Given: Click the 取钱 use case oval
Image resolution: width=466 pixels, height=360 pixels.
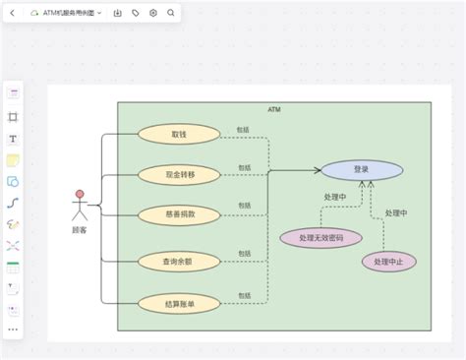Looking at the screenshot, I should [x=179, y=133].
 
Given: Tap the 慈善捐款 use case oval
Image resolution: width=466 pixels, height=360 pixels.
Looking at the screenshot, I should [x=179, y=213].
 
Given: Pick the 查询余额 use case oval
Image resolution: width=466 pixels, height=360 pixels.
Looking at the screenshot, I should [x=179, y=261].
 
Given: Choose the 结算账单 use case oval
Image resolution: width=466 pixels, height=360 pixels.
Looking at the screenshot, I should [x=179, y=304].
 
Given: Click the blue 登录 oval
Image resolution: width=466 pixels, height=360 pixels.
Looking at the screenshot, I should [x=361, y=169].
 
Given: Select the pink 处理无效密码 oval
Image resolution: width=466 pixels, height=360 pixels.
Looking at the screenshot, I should [x=320, y=237].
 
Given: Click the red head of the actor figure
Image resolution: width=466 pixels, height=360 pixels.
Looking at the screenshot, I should [x=80, y=195].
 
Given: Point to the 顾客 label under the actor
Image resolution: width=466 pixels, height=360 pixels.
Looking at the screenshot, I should [x=80, y=230].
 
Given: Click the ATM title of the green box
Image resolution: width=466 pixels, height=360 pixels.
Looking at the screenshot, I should [x=273, y=110].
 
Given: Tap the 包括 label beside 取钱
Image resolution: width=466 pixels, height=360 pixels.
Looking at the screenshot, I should [x=243, y=129].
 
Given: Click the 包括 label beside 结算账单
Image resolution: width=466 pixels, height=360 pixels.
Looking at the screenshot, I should [x=243, y=295].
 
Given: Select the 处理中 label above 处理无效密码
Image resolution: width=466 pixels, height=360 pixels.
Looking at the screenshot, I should [x=335, y=197].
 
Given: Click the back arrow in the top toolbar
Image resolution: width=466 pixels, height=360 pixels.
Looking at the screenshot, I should [x=12, y=13].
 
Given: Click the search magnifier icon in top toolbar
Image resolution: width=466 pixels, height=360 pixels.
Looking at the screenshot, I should [x=171, y=13].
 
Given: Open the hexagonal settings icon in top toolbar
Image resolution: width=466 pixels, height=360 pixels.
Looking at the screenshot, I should [x=152, y=13].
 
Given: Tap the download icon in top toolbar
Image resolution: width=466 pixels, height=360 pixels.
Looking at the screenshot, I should [x=117, y=13].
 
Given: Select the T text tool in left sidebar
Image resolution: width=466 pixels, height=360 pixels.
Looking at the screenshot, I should [x=13, y=138].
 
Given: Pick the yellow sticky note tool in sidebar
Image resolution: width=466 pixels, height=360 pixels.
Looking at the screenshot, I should [x=13, y=159].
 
